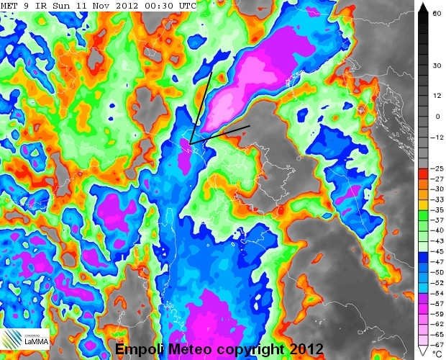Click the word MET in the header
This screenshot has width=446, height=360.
(9, 6)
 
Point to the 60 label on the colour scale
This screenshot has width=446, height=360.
(437, 13)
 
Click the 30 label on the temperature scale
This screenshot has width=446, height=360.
(437, 65)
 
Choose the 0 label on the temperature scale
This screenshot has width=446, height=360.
(437, 116)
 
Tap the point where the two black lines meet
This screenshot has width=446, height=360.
(190, 144)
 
